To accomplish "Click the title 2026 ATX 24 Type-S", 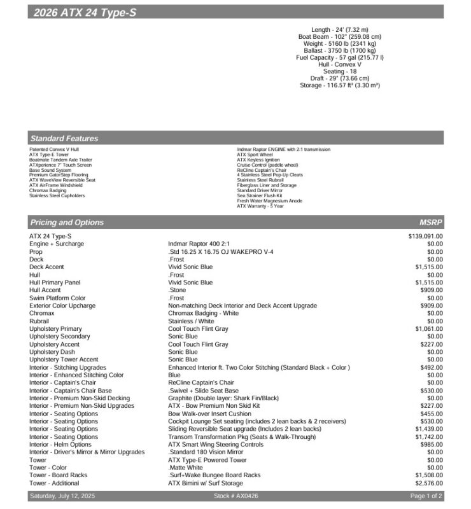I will pos(84,13).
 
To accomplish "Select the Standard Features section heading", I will pos(64,138).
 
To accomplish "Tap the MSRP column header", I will pos(430,223).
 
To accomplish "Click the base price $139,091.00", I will pos(425,236).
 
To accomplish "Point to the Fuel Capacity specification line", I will pos(339,58).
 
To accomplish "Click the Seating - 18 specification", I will pos(339,71).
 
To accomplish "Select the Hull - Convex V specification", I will pos(339,64).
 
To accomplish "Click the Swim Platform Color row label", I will pos(57,298).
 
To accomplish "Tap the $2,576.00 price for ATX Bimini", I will pos(428,483).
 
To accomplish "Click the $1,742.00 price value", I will pos(428,436).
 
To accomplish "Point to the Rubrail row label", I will pos(39,321).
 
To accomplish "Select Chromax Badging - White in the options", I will pos(203,313).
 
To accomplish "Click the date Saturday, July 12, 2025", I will pos(62,496).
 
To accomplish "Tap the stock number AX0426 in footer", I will pos(236,496).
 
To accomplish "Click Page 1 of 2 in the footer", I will pos(426,496).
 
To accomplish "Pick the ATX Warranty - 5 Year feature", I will pos(260,206).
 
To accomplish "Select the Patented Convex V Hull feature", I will pos(54,150).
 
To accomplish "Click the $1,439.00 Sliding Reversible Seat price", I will pos(428,429).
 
